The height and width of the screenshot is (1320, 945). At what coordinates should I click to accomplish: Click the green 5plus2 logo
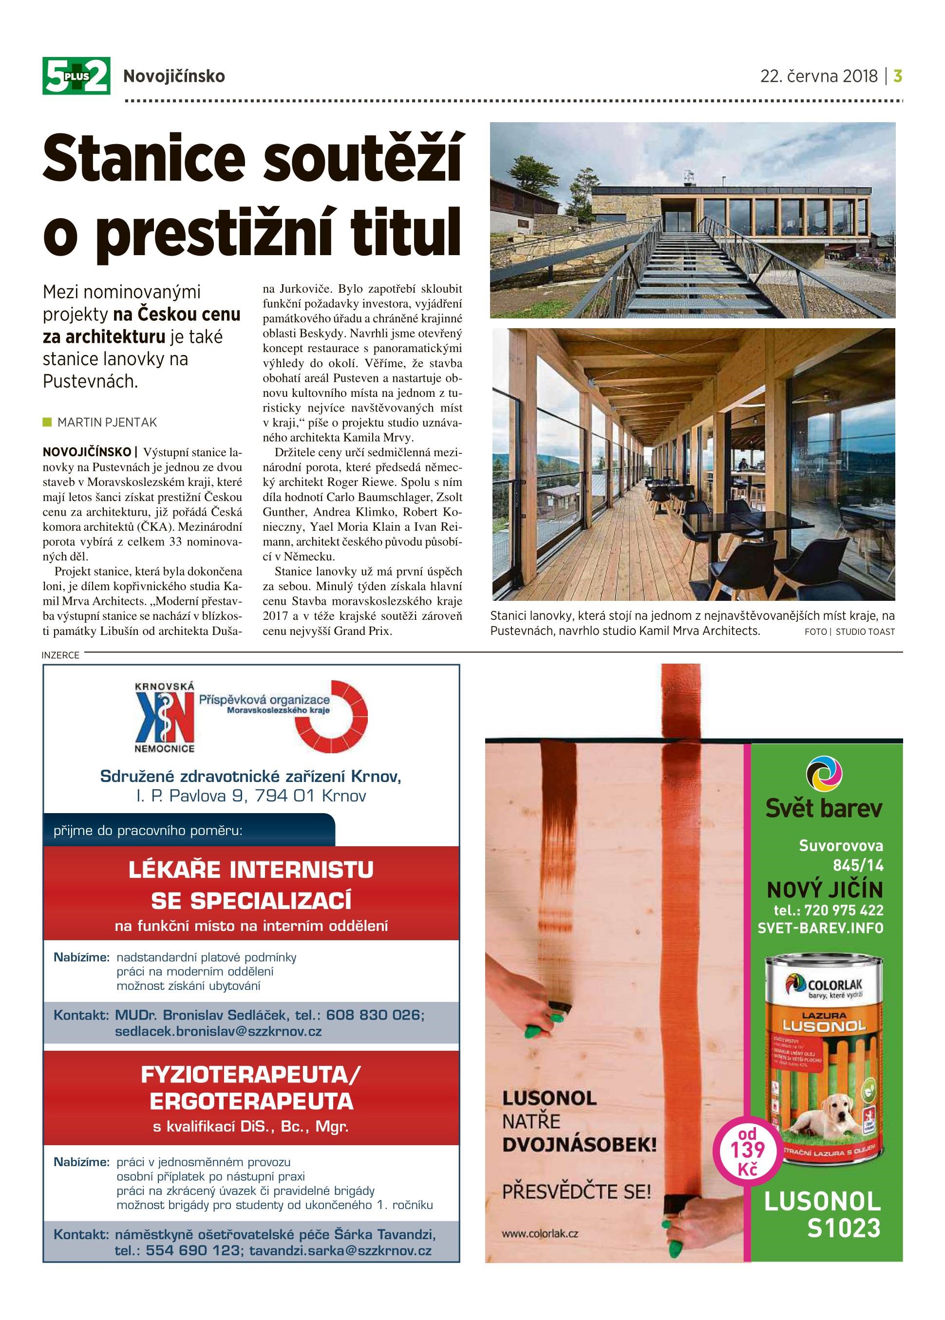76,75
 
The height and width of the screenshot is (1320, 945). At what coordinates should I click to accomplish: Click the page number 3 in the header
898,76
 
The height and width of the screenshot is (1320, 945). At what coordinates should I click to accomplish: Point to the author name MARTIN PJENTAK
107,422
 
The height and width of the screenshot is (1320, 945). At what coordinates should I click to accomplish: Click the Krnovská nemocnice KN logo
164,719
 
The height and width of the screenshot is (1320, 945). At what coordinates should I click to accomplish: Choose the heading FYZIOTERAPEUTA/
251,1075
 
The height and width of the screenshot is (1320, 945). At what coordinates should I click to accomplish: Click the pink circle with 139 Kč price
748,1151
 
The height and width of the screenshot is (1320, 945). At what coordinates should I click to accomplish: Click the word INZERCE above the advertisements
60,655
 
